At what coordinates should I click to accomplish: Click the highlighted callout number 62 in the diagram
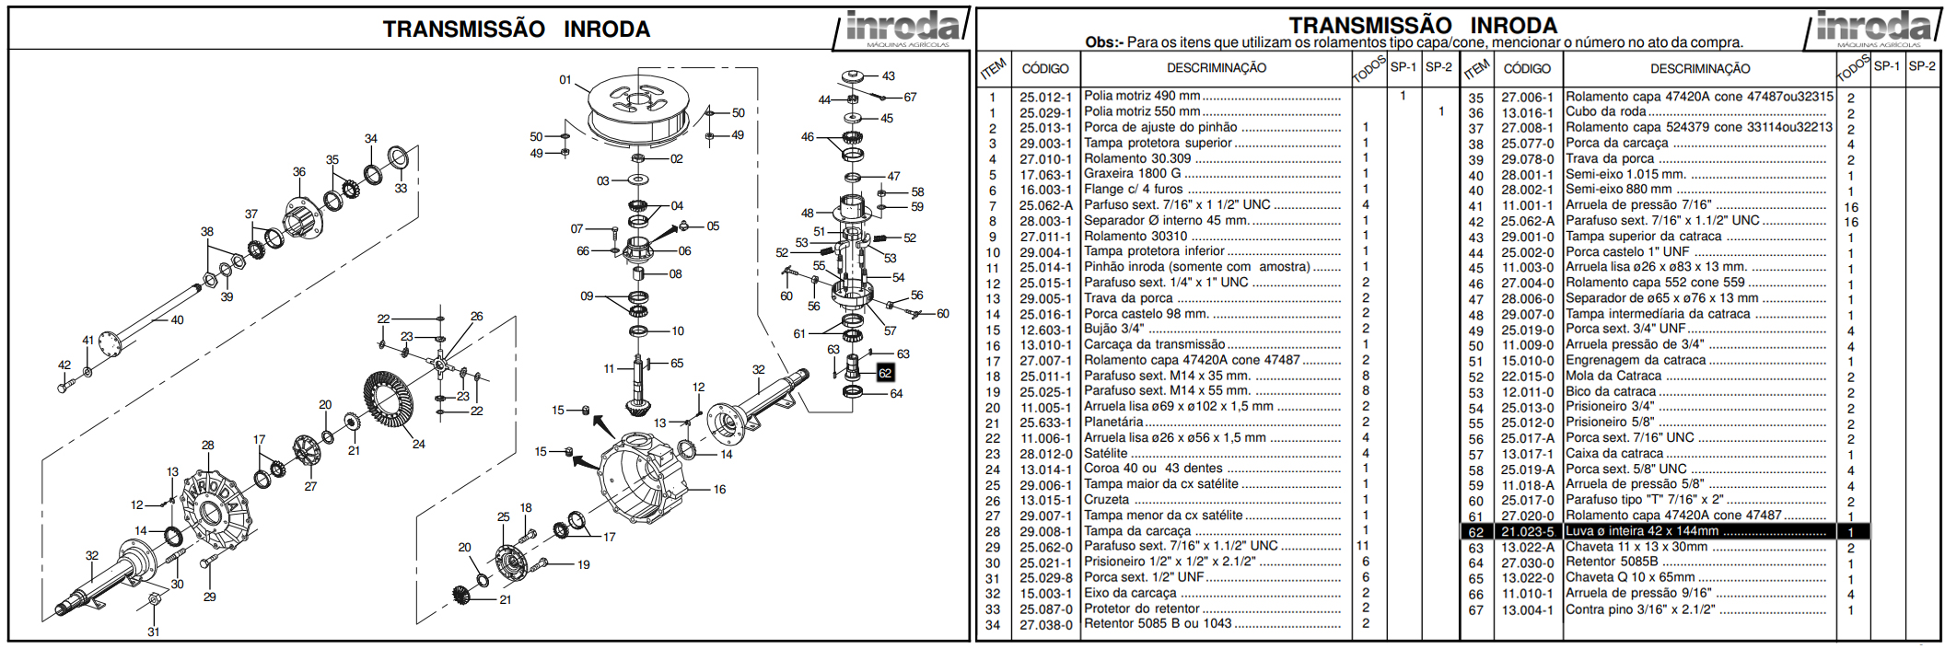[884, 373]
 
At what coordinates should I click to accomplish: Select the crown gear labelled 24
[393, 408]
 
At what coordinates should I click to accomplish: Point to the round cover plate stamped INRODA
[215, 507]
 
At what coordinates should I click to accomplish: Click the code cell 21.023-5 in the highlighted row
[1526, 531]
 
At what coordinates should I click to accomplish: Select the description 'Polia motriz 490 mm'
[1142, 96]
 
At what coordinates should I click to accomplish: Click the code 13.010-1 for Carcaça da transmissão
[1045, 345]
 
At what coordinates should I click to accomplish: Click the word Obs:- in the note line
[1104, 42]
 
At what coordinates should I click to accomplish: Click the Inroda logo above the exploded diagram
[902, 28]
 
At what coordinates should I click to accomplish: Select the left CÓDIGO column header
[1045, 68]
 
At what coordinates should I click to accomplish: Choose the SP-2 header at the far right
[1921, 66]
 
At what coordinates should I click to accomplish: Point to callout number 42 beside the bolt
[64, 365]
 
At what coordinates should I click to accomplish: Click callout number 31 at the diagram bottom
[153, 632]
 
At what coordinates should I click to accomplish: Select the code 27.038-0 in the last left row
[1045, 625]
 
